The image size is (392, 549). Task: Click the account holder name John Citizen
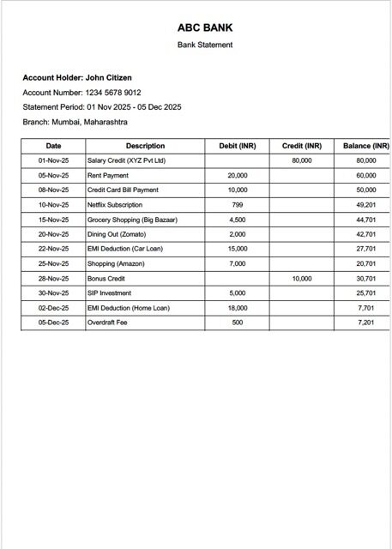pos(108,77)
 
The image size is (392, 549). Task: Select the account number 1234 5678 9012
pos(113,92)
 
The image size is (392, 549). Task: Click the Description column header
pos(145,146)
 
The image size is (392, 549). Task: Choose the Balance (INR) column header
pos(366,146)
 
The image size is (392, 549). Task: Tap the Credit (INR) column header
pos(302,146)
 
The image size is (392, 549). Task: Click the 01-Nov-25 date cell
pos(53,160)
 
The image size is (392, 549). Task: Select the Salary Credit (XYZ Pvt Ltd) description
pos(126,160)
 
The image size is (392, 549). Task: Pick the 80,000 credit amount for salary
pos(302,160)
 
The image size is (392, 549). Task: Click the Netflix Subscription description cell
pos(115,205)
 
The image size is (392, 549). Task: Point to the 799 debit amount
pos(238,205)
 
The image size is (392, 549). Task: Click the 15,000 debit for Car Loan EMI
pos(238,249)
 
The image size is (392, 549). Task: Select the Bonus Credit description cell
pos(106,279)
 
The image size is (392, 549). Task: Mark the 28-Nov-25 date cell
pos(53,279)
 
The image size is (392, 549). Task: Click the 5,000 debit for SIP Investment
pos(238,293)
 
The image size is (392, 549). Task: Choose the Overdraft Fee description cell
pos(108,323)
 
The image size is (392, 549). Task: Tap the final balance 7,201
pos(366,323)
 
